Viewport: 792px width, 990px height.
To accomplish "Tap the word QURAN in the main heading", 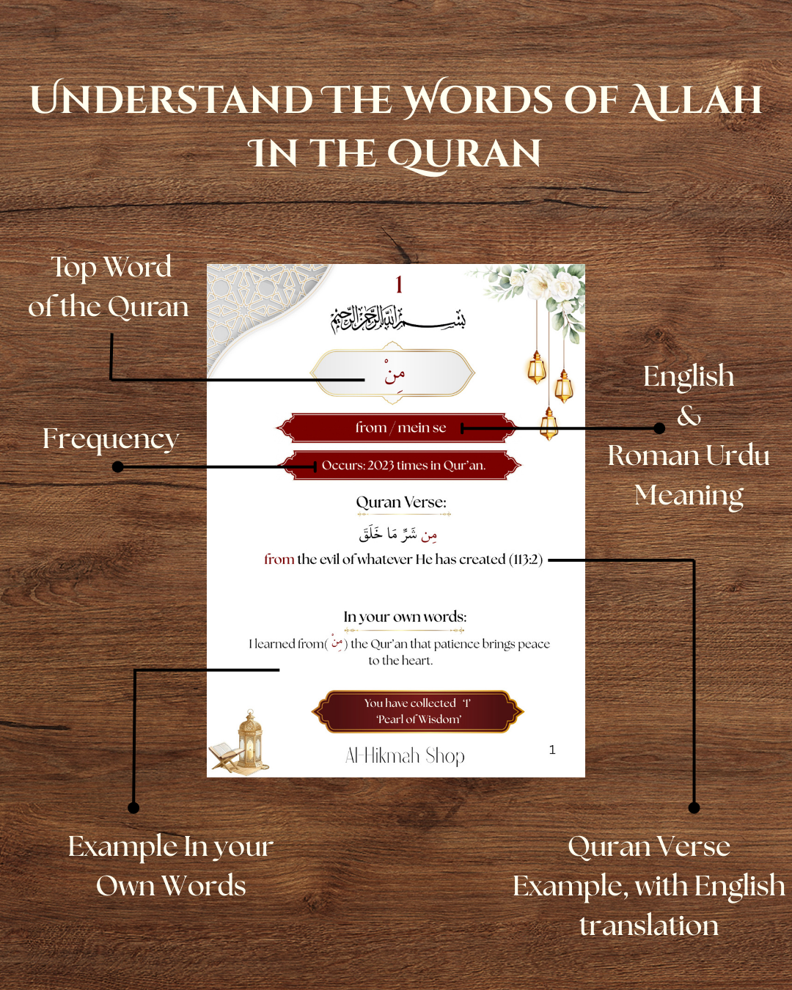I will pos(463,154).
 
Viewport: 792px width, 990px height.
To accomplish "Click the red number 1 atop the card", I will pos(399,285).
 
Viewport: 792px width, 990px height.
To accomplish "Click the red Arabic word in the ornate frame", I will pos(394,373).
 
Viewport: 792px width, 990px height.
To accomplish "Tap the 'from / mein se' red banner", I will pos(400,428).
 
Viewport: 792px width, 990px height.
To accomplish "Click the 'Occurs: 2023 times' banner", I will pos(403,466).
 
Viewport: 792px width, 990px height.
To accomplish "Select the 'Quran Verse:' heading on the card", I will pos(401,502).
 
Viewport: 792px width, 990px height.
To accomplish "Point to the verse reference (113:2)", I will pos(526,560).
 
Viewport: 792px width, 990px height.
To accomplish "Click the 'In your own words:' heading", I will pos(405,617).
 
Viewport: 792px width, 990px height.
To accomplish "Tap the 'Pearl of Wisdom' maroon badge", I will pos(418,711).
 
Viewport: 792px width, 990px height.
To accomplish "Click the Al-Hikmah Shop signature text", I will pos(405,756).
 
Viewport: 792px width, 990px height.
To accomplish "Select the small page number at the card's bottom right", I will pos(552,749).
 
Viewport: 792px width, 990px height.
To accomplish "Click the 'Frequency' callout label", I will pos(110,439).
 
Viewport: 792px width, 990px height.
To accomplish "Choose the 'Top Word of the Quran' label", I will pos(109,287).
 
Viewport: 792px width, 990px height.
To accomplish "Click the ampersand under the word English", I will pos(689,417).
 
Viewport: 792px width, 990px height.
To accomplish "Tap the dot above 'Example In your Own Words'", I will pos(133,807).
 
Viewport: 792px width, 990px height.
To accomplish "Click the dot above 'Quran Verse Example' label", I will pos(694,807).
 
